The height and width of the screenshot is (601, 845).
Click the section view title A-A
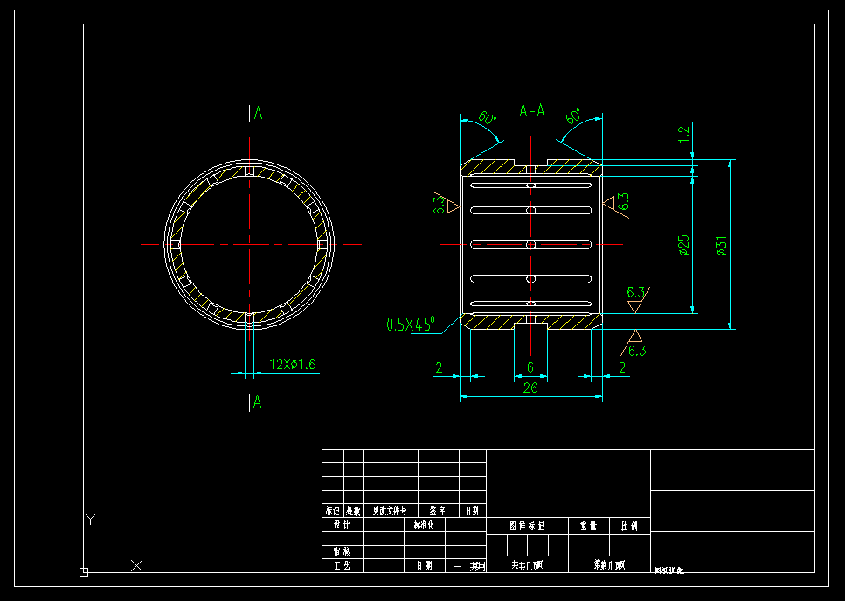tap(532, 110)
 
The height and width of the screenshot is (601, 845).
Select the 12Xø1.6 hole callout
tap(292, 364)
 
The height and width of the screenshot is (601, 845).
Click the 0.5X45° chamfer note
tap(411, 325)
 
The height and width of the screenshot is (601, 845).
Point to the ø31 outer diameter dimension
tap(722, 246)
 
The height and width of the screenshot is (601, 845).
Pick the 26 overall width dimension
tap(530, 388)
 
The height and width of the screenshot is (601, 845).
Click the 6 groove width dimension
tap(530, 368)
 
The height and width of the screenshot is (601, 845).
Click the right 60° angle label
tap(574, 116)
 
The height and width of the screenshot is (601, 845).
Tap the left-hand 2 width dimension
tap(439, 368)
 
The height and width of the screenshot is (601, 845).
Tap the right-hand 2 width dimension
tap(622, 368)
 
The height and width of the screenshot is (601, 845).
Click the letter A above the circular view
tap(258, 113)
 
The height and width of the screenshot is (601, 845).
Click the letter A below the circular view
tap(257, 402)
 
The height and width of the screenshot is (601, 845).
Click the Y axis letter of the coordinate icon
tap(89, 520)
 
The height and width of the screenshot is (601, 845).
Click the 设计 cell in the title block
tap(341, 525)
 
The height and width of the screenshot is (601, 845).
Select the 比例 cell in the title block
tap(628, 526)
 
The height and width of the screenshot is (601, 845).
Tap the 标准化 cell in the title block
tap(423, 525)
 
